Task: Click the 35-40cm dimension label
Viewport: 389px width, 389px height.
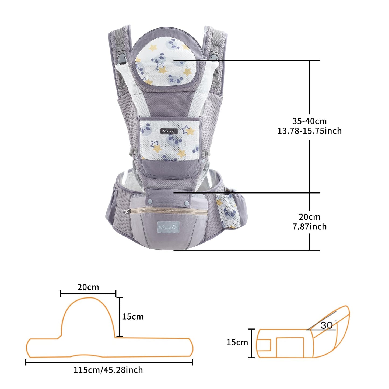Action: (309, 121)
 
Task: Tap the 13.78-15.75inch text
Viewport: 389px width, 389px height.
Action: (310, 131)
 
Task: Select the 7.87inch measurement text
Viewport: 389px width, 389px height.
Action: (310, 227)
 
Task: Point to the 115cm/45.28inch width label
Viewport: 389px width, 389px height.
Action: (108, 370)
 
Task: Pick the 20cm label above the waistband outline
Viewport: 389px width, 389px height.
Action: (88, 287)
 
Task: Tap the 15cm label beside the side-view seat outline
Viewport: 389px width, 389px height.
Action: (237, 342)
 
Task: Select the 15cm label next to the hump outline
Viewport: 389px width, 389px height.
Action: (133, 317)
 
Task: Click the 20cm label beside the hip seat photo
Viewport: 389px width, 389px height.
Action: (309, 217)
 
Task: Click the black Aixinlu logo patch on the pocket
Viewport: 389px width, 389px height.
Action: (169, 131)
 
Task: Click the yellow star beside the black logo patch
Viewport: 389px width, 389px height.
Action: (190, 131)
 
